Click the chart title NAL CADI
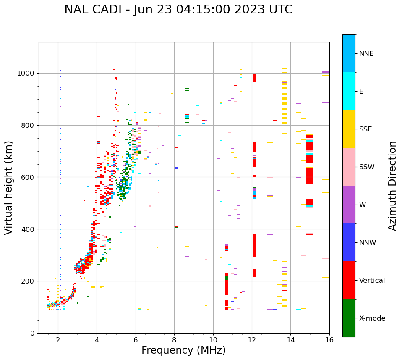[x=178, y=10]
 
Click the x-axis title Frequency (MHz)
[x=183, y=350]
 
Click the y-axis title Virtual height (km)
[x=9, y=187]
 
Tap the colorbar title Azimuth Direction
[x=392, y=186]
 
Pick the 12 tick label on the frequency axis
[x=252, y=340]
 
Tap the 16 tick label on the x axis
[x=329, y=340]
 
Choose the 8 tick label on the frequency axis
[x=174, y=340]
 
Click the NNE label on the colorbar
[x=366, y=54]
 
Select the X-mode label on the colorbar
[x=372, y=318]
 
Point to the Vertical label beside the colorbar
[x=372, y=281]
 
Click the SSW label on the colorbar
[x=367, y=167]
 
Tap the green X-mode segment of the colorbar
[x=349, y=318]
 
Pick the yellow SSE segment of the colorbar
[x=349, y=129]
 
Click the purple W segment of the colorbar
[x=349, y=205]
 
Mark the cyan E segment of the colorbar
[x=349, y=91]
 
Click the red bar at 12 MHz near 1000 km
[x=255, y=78]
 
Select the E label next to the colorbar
[x=361, y=92]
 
